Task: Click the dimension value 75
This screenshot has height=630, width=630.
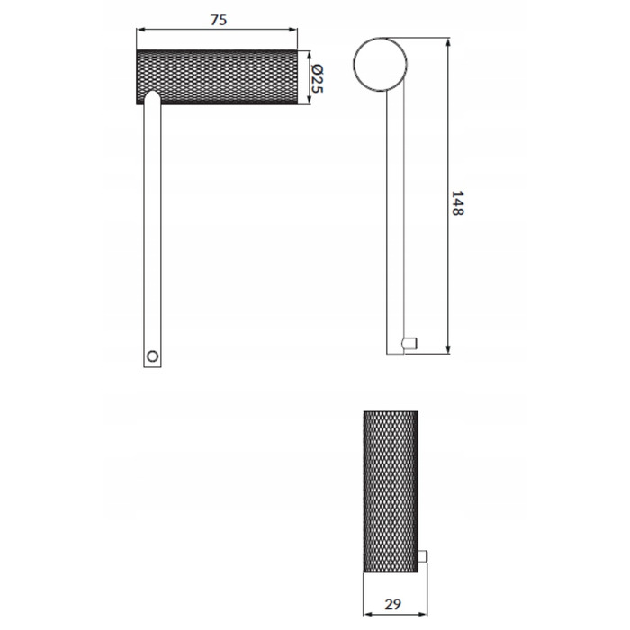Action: click(219, 20)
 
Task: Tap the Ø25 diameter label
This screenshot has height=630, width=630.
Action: click(317, 78)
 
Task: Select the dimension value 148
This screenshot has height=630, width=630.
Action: click(457, 203)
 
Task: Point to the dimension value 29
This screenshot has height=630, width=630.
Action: click(393, 604)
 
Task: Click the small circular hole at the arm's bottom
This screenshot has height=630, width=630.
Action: click(152, 356)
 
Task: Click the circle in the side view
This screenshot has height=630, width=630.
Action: click(380, 64)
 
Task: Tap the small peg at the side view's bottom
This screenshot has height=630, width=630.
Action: click(409, 343)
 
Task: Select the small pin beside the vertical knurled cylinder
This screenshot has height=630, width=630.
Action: click(422, 556)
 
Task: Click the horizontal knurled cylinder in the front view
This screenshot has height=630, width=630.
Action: click(217, 77)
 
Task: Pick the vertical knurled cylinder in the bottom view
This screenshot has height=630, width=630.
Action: click(391, 491)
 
